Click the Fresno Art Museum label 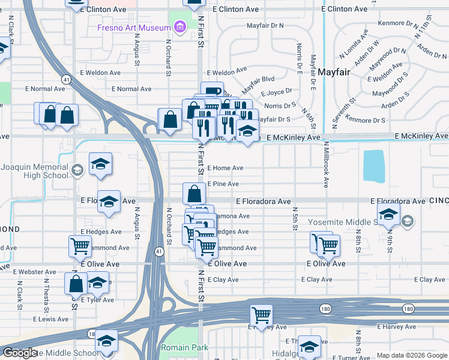134,28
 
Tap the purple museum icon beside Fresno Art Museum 178,27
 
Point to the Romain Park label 184,347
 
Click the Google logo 20,353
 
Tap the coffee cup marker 212,91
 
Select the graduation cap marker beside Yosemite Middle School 388,213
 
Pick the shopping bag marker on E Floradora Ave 194,194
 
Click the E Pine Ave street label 223,184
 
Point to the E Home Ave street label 225,168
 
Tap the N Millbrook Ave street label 326,164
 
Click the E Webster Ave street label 34,272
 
